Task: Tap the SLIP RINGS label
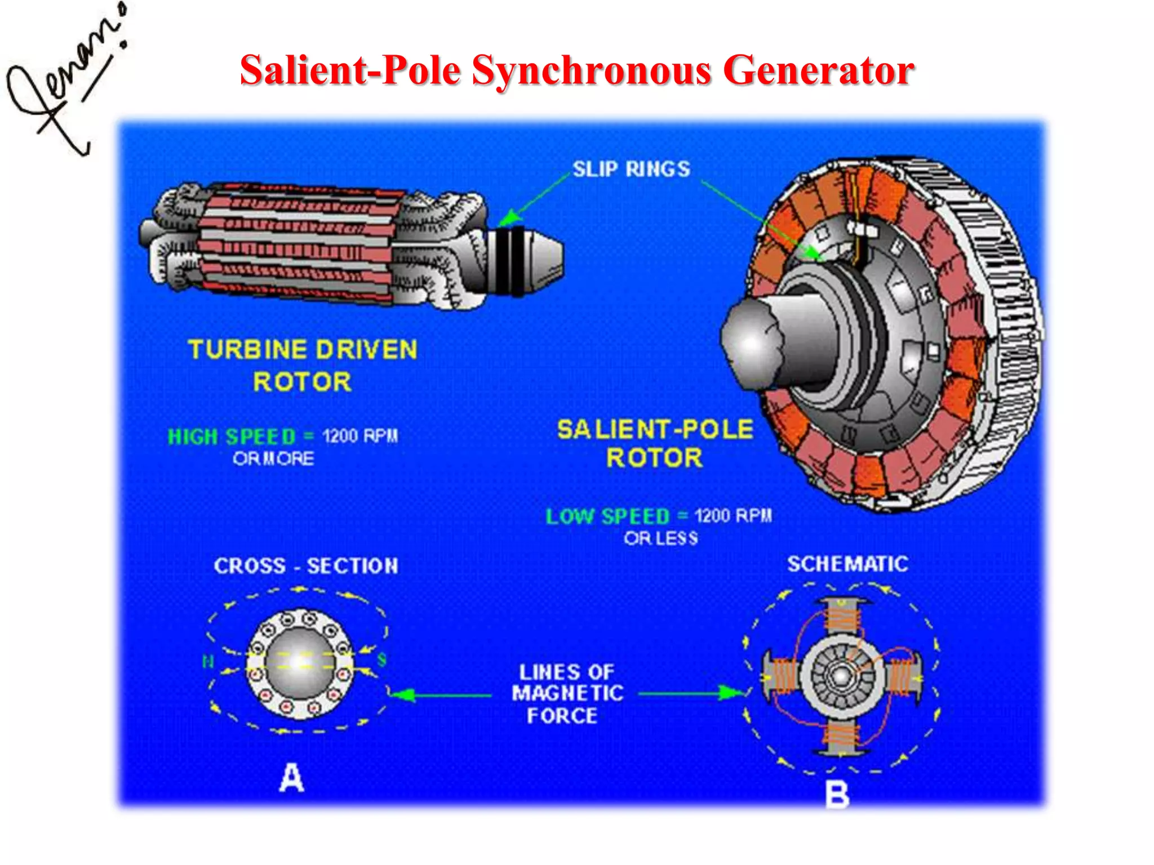[x=631, y=169]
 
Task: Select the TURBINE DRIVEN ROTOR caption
[x=303, y=365]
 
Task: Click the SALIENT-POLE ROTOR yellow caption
[x=655, y=443]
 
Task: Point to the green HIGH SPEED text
[x=232, y=436]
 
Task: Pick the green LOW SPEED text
[x=607, y=516]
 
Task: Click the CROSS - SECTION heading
[x=306, y=566]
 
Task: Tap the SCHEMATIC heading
[x=847, y=564]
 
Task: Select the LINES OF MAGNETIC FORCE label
[x=567, y=694]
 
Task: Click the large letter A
[x=292, y=778]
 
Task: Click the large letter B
[x=837, y=796]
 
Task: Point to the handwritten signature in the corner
[x=65, y=84]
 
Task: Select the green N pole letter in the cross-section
[x=208, y=661]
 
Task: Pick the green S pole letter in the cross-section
[x=381, y=659]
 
